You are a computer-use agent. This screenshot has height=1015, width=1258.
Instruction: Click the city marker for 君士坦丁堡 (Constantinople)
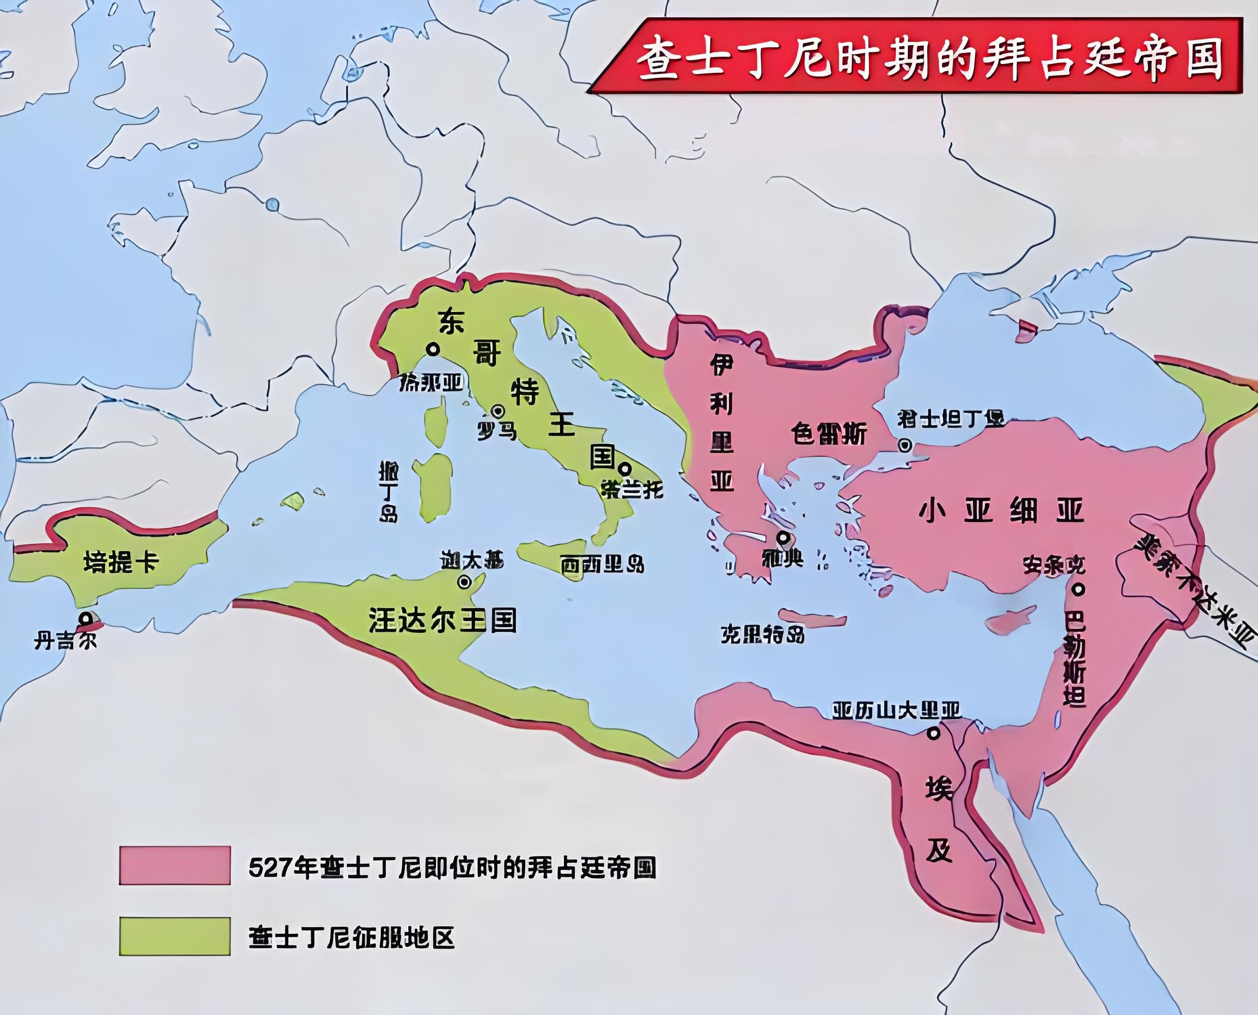click(x=905, y=445)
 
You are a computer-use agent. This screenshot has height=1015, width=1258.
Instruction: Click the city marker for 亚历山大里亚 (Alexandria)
click(x=934, y=732)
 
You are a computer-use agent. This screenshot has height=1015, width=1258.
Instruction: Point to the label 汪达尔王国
click(x=442, y=620)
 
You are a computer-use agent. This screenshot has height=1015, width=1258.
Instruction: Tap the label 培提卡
click(x=121, y=563)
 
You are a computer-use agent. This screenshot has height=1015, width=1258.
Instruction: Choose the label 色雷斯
click(x=829, y=434)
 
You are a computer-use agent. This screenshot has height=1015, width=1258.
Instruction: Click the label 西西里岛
click(x=602, y=565)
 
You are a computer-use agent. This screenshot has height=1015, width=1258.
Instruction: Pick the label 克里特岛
click(x=762, y=634)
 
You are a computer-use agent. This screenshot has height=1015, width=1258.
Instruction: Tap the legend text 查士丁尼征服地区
click(x=351, y=938)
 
